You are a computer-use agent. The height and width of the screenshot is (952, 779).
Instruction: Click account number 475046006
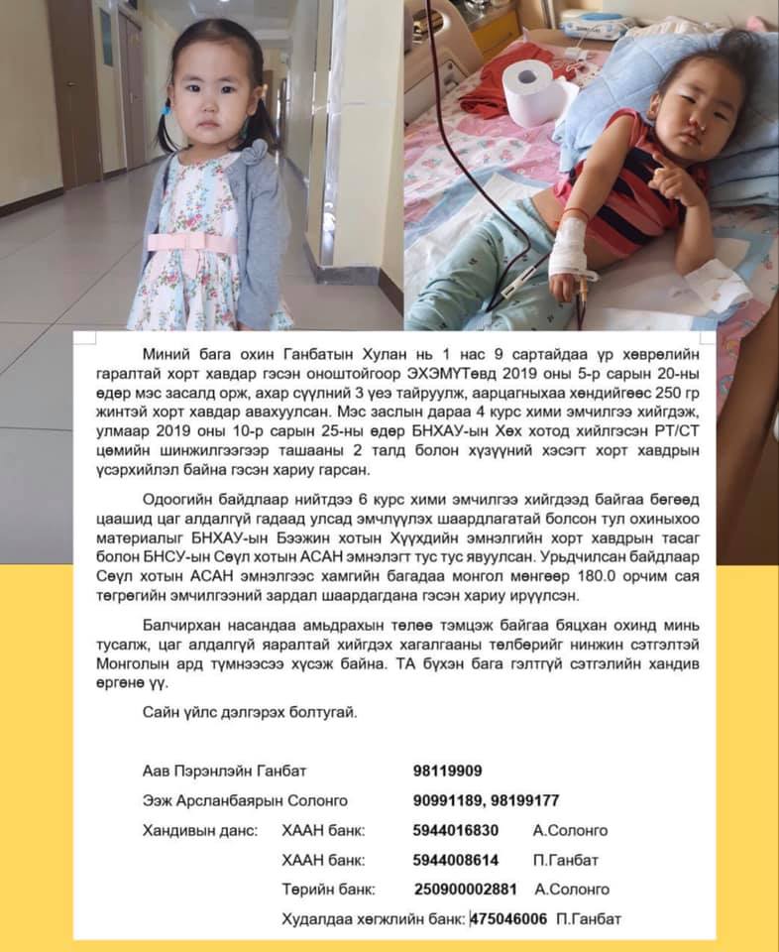point(508,919)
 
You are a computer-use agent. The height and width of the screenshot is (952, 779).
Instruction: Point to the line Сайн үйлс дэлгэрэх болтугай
point(243,712)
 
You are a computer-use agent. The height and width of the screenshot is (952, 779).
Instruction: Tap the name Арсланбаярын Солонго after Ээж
point(264,800)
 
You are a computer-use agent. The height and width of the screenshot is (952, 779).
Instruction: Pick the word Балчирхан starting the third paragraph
point(180,625)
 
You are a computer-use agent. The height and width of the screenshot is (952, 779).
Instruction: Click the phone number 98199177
point(526,800)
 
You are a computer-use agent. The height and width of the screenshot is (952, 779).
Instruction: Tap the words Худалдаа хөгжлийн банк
point(374,919)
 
